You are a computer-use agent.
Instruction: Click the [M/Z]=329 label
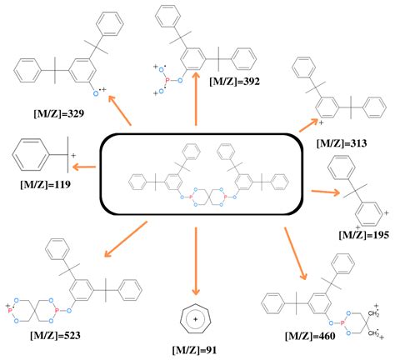coord(58,114)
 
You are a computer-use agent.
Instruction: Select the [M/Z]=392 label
coord(235,82)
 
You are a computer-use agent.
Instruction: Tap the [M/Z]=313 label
coord(342,143)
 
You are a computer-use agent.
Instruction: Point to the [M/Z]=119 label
coord(45,184)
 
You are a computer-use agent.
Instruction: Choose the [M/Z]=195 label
coord(363,235)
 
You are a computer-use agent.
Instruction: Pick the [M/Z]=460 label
coord(310,337)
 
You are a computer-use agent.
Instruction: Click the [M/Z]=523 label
coord(55,336)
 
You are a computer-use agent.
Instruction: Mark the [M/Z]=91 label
coord(194,350)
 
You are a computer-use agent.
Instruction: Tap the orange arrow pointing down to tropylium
coord(196,261)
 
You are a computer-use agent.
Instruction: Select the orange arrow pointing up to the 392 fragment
coord(196,99)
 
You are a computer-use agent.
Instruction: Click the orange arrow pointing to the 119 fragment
coord(84,167)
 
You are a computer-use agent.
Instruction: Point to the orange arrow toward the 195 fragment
coord(326,192)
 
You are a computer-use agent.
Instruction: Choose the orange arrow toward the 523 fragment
coord(125,239)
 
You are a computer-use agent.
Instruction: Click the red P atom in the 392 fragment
coord(167,81)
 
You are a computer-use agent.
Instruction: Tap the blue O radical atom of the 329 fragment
coord(96,93)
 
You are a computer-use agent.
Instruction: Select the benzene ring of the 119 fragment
coord(31,154)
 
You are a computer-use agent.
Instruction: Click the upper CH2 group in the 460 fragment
coord(373,313)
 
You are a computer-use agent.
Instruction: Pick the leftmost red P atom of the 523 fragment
coord(10,311)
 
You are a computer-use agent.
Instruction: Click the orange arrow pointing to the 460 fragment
coord(295,253)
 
